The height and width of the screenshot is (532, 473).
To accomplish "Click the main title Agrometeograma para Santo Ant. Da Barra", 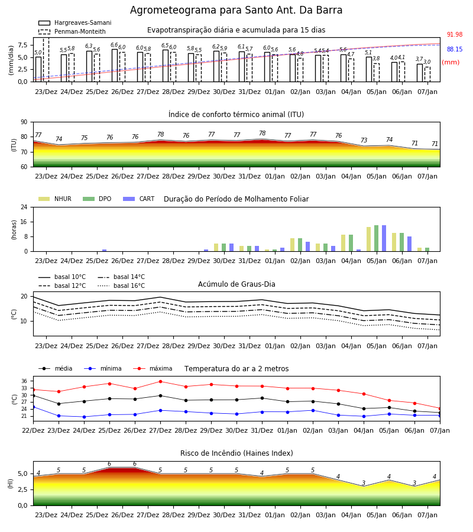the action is (236, 10).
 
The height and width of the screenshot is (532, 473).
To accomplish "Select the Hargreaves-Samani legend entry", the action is (74, 22).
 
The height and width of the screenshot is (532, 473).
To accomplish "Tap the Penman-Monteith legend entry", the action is (72, 31).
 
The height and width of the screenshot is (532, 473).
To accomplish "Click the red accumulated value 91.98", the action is (455, 35).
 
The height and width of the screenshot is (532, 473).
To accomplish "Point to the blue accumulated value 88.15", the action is (455, 50).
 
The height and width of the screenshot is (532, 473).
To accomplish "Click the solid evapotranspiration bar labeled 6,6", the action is (115, 66).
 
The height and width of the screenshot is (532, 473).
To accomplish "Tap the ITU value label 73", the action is (364, 140).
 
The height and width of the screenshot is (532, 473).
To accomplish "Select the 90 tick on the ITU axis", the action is (24, 122).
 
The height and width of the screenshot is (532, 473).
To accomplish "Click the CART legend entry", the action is (138, 199).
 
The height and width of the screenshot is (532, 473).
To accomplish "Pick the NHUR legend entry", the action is (54, 199).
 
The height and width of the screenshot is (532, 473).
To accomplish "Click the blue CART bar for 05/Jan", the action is (384, 238).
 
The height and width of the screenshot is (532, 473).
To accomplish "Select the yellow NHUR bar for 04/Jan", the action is (344, 243).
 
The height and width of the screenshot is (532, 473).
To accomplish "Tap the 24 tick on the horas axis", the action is (24, 207).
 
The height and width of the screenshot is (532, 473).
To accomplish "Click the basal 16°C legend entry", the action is (121, 286).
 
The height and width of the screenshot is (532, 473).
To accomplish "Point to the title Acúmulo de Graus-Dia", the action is (237, 284).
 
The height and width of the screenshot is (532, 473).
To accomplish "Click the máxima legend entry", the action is (153, 368).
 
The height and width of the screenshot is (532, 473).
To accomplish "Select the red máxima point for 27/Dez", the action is (160, 382).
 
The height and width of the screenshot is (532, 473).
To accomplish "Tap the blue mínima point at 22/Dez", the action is (33, 407).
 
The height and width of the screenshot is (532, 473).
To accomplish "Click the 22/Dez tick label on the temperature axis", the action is (33, 430).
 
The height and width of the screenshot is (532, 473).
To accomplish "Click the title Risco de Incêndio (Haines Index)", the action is (237, 453).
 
